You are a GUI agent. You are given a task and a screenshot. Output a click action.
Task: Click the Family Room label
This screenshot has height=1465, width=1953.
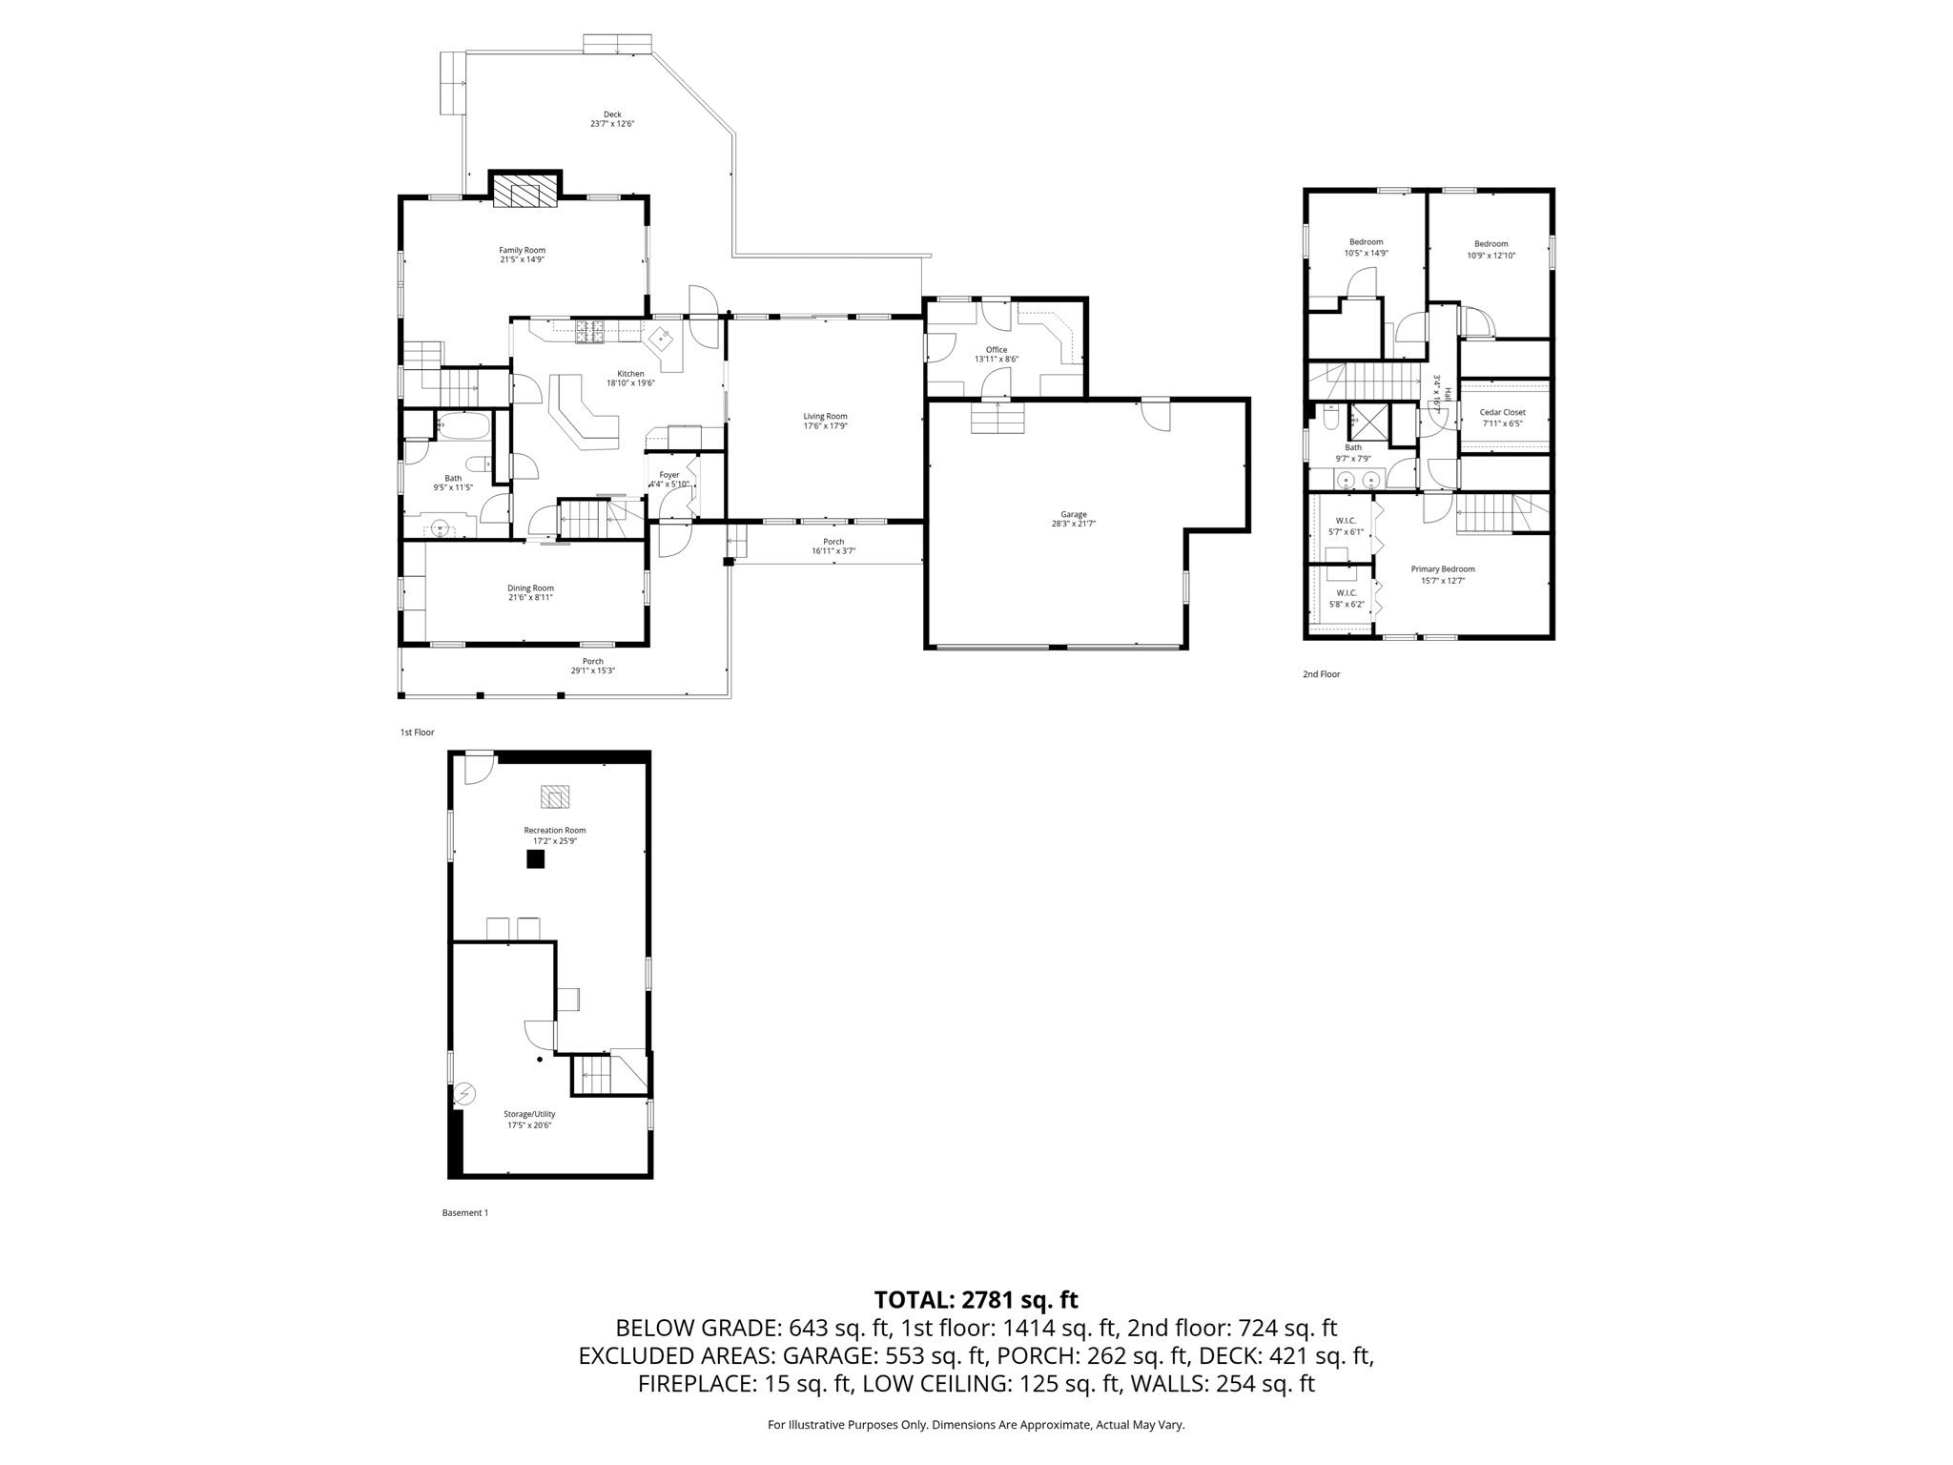tap(522, 250)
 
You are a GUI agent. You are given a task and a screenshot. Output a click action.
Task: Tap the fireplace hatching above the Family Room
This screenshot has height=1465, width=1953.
tap(524, 191)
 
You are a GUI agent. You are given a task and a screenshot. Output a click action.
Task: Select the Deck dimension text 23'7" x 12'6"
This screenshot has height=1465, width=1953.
tap(611, 124)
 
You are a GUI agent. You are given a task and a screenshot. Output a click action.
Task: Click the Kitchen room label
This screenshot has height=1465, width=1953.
tap(630, 374)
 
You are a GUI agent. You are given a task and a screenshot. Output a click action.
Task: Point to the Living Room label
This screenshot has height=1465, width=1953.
tap(825, 416)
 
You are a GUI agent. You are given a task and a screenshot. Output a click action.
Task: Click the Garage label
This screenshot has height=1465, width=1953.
tap(1073, 514)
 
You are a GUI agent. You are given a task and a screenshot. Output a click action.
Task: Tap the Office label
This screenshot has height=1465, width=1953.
tap(997, 350)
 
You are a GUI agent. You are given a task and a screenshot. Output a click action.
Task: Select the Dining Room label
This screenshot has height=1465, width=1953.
tap(530, 588)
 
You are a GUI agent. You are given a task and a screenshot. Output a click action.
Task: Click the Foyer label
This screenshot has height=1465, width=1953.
tap(669, 475)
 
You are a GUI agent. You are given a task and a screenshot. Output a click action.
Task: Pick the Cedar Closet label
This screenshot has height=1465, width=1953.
tap(1502, 413)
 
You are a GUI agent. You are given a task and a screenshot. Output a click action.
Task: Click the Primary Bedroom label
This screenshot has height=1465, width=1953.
tap(1443, 569)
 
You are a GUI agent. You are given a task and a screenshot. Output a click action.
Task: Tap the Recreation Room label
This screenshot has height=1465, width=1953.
tap(554, 831)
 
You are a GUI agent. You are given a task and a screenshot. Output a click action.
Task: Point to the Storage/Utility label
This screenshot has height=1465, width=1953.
tap(529, 1114)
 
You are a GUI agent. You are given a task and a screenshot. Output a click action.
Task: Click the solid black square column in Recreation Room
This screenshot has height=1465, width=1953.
tap(536, 859)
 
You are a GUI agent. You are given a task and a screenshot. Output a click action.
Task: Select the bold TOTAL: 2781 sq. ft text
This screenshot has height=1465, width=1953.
tap(976, 1300)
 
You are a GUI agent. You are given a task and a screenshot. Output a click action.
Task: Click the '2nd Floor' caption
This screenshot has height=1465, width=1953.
tap(1321, 674)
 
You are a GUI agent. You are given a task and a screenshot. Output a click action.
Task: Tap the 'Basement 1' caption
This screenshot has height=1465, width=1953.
tap(464, 1213)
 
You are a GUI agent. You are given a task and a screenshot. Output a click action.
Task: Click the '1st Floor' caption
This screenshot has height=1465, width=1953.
tap(417, 732)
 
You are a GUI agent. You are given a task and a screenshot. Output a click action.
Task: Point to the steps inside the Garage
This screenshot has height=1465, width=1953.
tap(997, 418)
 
